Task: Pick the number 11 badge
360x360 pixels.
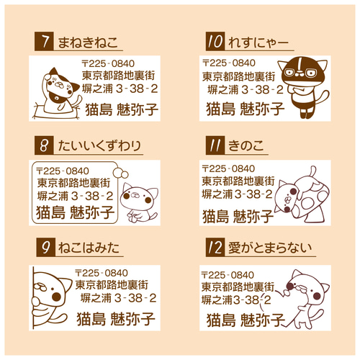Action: coord(214,146)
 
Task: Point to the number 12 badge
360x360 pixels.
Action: coord(214,249)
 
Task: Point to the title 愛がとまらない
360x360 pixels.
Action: coord(270,249)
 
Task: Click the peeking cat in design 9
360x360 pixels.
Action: coord(52,296)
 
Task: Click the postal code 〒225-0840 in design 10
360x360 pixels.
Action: coord(229,63)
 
